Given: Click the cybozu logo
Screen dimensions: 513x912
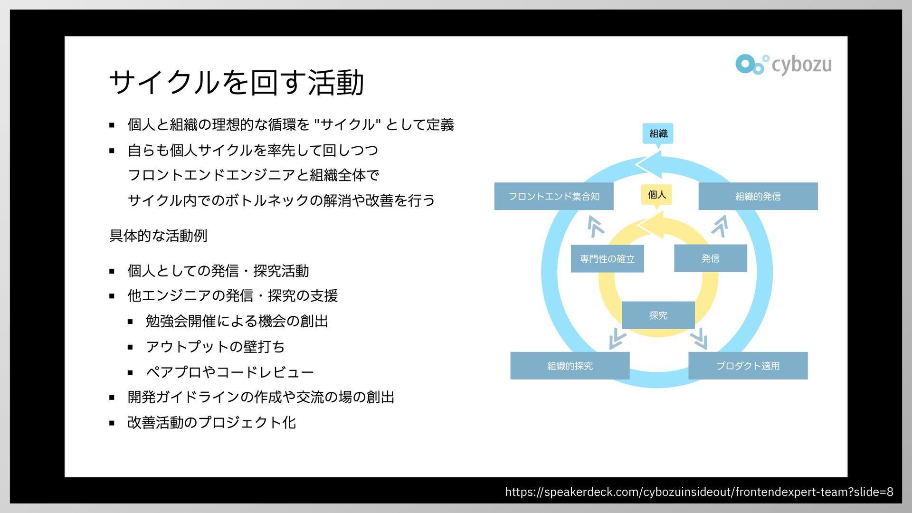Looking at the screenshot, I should pos(784,65).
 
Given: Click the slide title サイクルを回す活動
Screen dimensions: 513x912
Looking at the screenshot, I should pos(237,83).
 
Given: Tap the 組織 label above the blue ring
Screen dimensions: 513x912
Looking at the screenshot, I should pos(658,133).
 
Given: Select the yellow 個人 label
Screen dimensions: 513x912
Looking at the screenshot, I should pos(656,194).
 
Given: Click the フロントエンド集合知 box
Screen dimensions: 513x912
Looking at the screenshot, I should pos(554,196).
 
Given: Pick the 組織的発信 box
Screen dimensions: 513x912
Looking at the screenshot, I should pos(758,196).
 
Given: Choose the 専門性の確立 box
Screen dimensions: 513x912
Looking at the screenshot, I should pos(607,259).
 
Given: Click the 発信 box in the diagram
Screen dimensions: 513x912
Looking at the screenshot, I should pos(710,258).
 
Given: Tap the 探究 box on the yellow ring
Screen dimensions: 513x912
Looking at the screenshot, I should pos(658,315).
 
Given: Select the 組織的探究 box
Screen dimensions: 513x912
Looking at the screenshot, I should pos(570,366).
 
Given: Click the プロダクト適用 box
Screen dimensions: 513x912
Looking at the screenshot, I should pos(748,366).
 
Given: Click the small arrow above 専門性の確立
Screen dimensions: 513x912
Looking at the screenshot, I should pos(595,226).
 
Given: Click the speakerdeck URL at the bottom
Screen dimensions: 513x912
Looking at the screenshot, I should pos(699,492).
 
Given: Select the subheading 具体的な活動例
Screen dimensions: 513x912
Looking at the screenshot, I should pos(158,236).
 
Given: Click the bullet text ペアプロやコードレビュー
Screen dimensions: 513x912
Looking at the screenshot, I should pos(230,372).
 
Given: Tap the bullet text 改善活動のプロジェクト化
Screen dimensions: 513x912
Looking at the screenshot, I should pos(212,422).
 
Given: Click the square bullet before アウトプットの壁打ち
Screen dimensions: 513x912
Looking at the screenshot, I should pos(131,347).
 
